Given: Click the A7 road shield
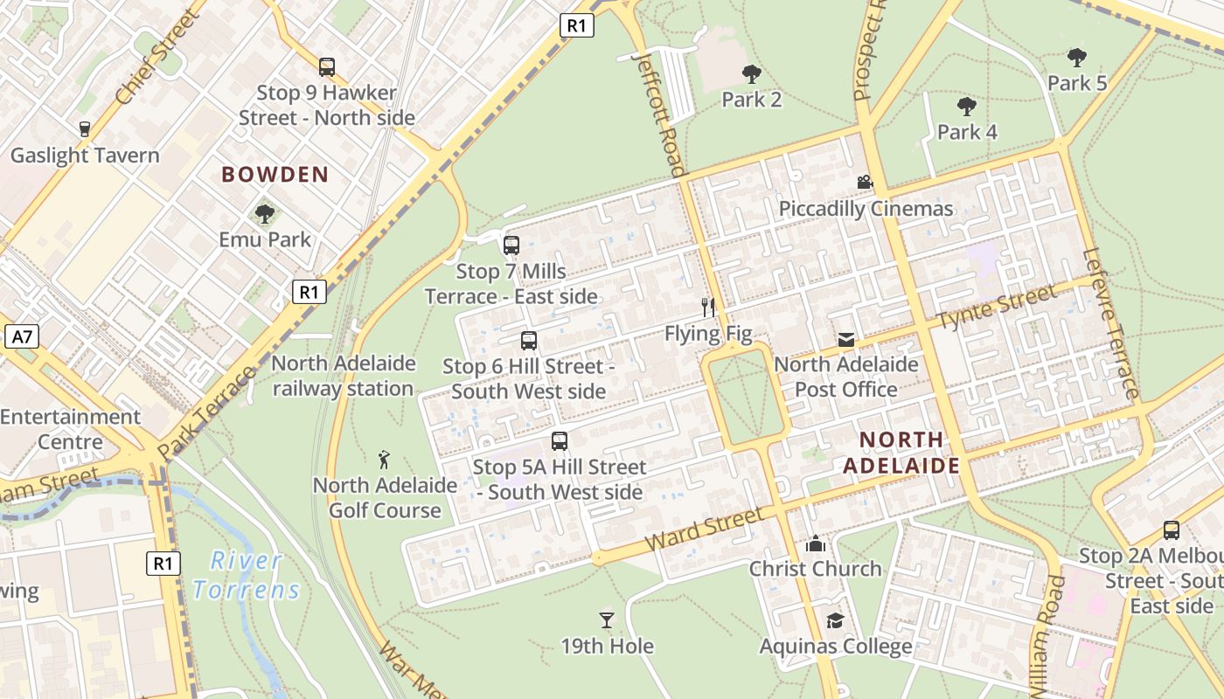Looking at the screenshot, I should click(x=23, y=336).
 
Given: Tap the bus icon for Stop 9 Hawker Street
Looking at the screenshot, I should click(x=326, y=66).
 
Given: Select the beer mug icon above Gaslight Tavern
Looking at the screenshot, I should click(x=85, y=129).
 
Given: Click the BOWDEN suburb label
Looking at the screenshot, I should click(x=275, y=175).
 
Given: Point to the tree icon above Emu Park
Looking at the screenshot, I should click(x=264, y=213).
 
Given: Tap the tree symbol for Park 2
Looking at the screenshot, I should click(x=751, y=74).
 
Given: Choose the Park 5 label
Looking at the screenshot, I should click(x=1077, y=84).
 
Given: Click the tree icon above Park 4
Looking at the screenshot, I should click(x=966, y=107).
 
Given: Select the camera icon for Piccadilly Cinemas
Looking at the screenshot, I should click(x=865, y=183).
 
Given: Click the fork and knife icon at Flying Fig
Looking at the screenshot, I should click(x=708, y=307).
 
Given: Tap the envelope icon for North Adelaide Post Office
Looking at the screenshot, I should click(x=845, y=339).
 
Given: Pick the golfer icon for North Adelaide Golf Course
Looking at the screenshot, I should click(x=384, y=459).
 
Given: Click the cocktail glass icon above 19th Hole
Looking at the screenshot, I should click(x=607, y=620).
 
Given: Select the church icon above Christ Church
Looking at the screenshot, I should click(x=816, y=543).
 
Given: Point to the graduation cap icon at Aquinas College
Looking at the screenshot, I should click(x=835, y=620).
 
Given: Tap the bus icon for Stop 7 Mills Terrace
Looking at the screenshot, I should click(x=511, y=246).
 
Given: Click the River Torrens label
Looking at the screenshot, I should click(x=247, y=575).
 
